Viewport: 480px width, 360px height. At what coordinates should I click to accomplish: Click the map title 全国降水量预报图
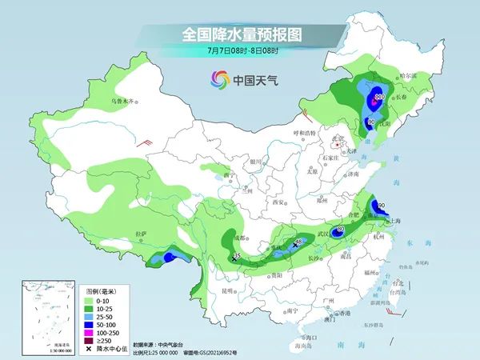(x=239, y=34)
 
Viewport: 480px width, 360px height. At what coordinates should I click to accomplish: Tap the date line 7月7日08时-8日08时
(x=239, y=51)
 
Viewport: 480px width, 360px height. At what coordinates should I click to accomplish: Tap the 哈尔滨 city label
(x=409, y=74)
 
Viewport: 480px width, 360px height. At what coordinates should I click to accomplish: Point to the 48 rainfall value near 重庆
(x=299, y=241)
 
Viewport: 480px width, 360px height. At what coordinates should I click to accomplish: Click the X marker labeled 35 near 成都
(x=234, y=259)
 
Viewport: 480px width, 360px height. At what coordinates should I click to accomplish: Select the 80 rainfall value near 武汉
(x=341, y=230)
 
